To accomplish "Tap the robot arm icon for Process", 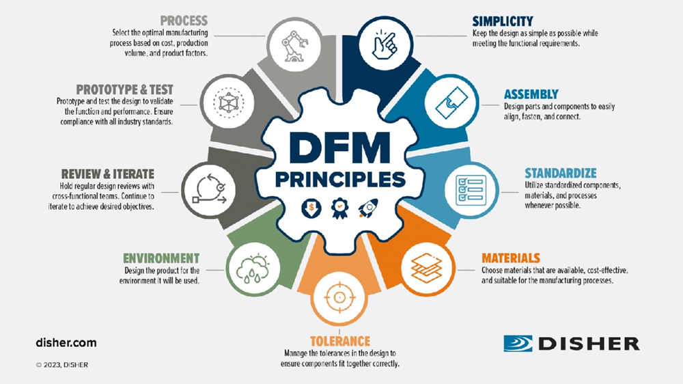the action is pos(294,46).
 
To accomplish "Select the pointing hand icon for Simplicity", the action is pos(384,44).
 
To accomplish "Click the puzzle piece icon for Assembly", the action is pos(451,103).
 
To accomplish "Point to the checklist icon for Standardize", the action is pos(471,190).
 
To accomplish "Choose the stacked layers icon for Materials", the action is pos(427,267).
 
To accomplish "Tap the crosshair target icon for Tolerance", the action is pos(339,298).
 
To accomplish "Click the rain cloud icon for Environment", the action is pos(253,268).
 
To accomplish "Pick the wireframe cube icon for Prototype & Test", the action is pos(228,103).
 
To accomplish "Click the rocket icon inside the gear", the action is pos(368,208).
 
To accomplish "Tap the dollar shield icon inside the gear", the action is pos(311,208).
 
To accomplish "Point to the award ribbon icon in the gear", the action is pos(339,208).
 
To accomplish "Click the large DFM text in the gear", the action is pos(339,148).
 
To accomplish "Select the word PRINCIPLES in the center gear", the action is pos(339,180).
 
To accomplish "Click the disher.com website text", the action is pos(66,342).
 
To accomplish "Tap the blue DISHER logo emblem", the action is pos(518,344).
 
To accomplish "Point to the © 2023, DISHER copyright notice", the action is pos(62,365).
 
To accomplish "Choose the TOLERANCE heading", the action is pos(340,341).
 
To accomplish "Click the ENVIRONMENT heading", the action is pos(161,258).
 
